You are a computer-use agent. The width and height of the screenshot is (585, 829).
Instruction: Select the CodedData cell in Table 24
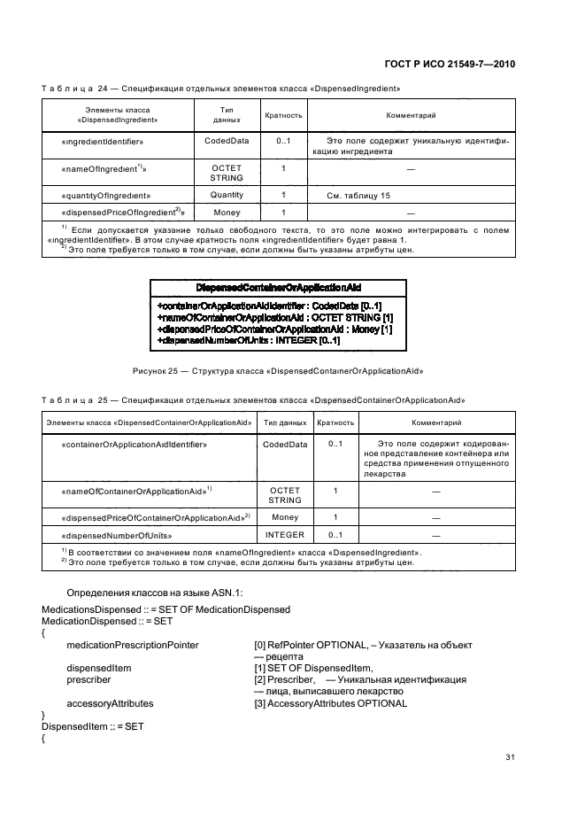tap(227, 141)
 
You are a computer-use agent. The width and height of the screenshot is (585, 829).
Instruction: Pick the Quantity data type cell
tap(227, 194)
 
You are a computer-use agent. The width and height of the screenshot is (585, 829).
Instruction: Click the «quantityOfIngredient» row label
tap(107, 195)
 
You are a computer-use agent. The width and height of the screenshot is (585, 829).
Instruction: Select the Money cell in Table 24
tap(227, 213)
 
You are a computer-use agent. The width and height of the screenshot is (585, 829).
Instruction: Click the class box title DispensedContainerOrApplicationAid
tap(279, 289)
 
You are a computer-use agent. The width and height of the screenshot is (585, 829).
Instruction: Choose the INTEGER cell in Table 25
tap(285, 535)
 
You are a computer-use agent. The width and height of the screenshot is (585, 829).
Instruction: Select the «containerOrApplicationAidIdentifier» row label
tap(135, 444)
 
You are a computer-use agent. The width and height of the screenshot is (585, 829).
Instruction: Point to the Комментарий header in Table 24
tap(411, 116)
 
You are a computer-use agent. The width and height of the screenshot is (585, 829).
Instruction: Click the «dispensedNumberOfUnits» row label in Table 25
tap(117, 536)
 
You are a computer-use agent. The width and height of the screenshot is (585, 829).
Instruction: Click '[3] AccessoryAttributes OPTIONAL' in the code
tap(330, 703)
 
